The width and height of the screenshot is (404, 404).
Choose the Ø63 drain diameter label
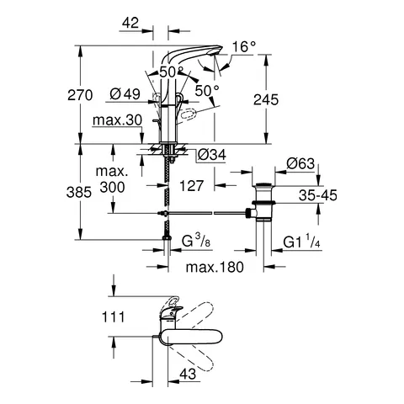tap(301, 162)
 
